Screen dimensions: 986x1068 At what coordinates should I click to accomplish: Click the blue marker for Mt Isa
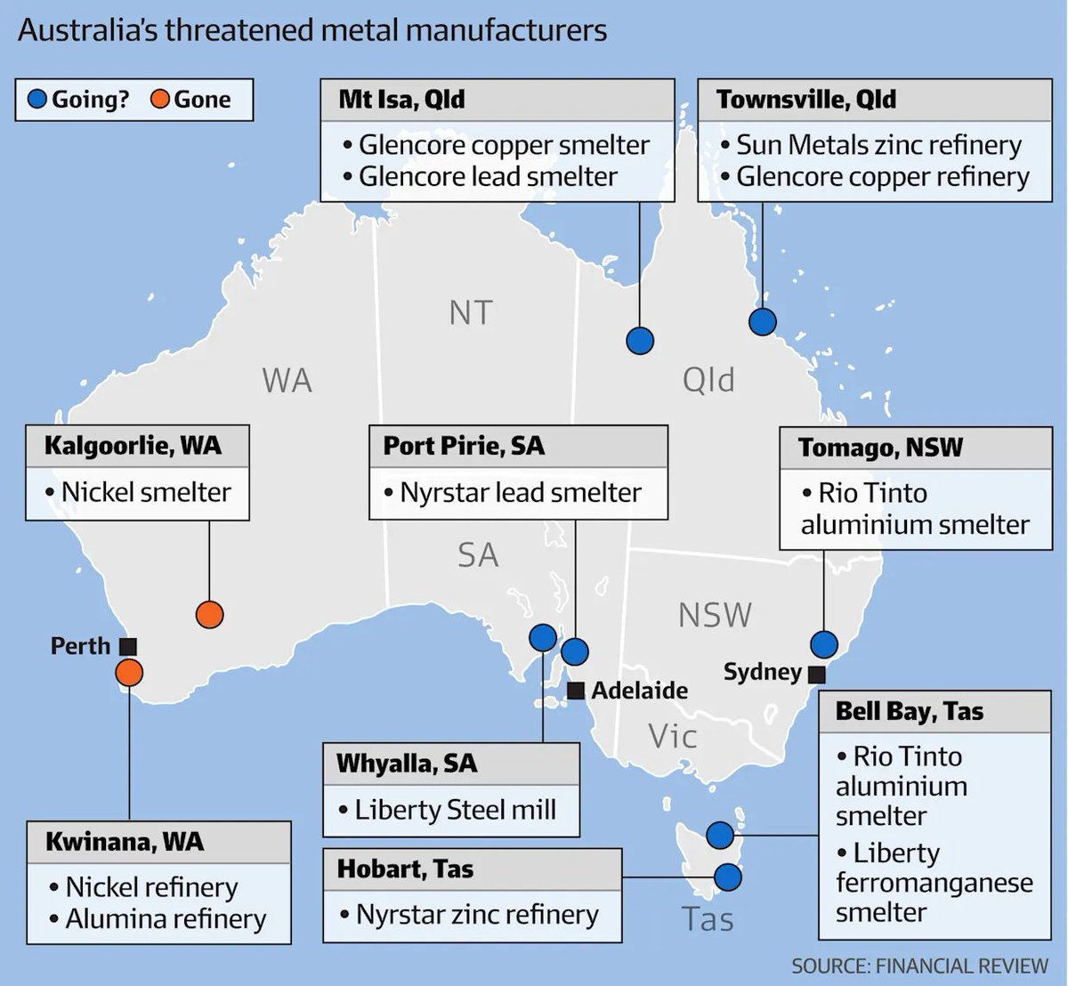[640, 340]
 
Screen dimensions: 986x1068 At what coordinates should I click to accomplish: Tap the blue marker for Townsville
[762, 321]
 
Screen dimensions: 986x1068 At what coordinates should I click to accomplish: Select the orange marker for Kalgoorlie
[209, 614]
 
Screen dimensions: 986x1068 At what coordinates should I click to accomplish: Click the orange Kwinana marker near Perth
[129, 673]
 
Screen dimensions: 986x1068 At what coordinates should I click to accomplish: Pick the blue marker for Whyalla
[543, 636]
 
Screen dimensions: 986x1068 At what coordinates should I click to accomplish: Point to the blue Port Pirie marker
[575, 651]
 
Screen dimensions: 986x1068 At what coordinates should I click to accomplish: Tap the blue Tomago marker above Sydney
[824, 643]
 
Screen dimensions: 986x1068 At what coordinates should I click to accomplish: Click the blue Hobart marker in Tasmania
[728, 877]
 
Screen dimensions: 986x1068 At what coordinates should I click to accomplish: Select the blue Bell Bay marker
[720, 835]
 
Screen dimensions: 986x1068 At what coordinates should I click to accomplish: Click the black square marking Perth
[128, 647]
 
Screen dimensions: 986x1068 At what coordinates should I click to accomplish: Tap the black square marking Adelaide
[576, 691]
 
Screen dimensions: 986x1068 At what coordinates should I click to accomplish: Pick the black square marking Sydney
[816, 674]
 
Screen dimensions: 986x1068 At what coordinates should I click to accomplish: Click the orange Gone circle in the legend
[160, 100]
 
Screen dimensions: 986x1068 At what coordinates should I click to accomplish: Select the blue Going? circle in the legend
[37, 100]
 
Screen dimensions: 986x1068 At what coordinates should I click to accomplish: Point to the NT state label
[470, 313]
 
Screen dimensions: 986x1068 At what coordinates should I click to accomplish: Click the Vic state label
[672, 737]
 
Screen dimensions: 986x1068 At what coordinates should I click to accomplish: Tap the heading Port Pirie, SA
[463, 446]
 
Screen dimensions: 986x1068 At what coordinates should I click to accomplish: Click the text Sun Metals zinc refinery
[878, 145]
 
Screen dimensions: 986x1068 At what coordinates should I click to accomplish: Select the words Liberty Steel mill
[455, 810]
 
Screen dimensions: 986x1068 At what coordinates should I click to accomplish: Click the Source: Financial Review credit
[919, 966]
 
